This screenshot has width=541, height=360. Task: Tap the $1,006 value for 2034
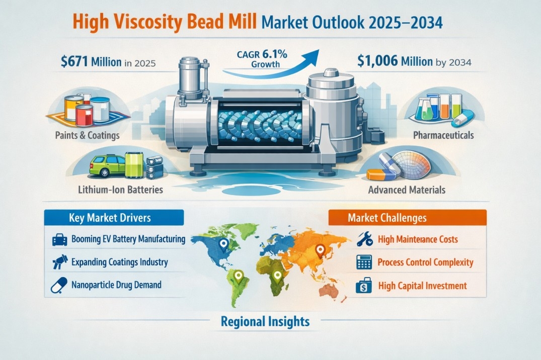384,61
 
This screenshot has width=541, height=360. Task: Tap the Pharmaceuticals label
443,135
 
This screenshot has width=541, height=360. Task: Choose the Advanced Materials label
407,190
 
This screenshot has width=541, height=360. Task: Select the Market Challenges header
387,218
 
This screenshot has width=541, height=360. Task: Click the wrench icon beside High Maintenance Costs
364,239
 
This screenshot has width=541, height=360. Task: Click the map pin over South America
239,276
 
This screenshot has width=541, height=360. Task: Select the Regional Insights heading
265,321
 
